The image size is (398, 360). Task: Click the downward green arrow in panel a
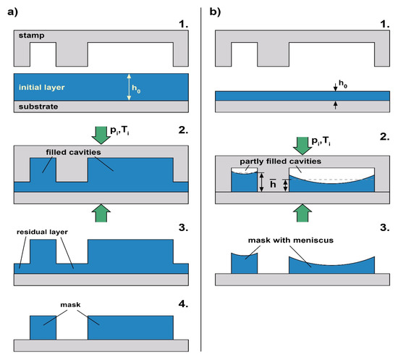click(x=100, y=134)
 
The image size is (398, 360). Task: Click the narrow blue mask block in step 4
click(x=43, y=327)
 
